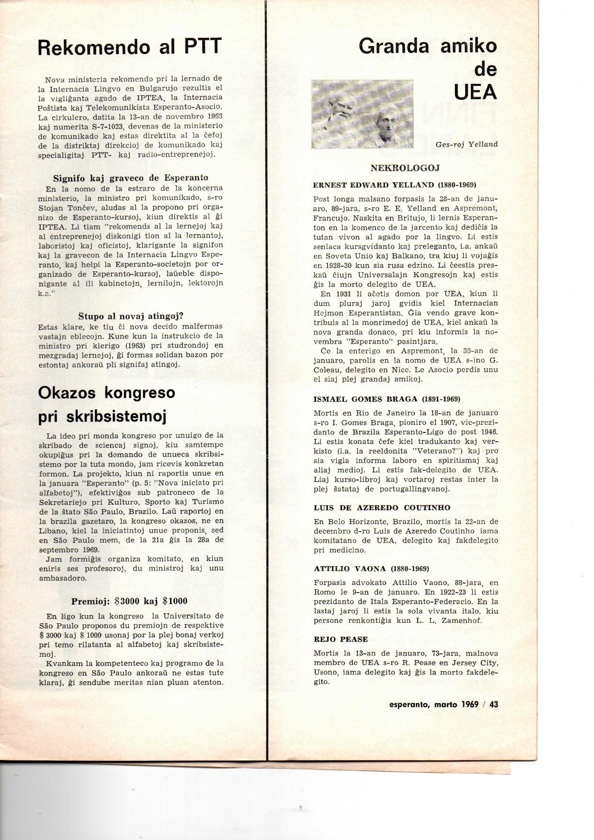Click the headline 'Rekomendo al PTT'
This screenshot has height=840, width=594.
pos(129,47)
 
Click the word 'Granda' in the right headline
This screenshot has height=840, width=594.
pos(394,47)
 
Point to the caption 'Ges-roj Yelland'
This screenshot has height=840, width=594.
pos(467,144)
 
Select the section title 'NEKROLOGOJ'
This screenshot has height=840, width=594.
pos(405,168)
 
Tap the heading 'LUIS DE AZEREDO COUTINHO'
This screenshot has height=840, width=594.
pos(382,507)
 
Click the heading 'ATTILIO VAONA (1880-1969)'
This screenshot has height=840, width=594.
pos(371,569)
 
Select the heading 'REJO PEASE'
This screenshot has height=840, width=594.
pos(341,639)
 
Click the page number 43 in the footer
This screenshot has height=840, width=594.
pos(493,704)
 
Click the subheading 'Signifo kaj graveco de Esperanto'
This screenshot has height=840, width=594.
pos(130,178)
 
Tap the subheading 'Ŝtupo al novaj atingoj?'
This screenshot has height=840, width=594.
pos(131,316)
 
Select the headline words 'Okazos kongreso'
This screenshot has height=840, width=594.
pos(107,392)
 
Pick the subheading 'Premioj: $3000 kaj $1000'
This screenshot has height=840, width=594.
pos(129,601)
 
